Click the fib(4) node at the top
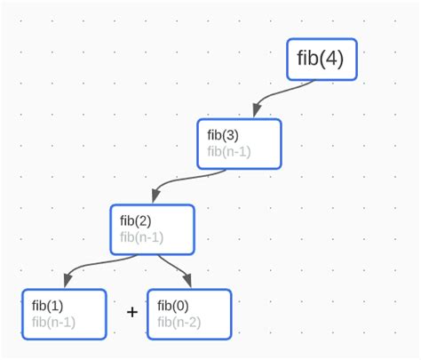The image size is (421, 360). tap(322, 60)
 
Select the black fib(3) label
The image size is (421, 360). tap(223, 135)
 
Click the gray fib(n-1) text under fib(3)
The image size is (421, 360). tap(229, 151)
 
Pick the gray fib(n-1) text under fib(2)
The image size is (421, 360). tap(142, 237)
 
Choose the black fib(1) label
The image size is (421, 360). tap(47, 306)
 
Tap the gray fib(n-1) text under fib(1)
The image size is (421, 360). tap(53, 322)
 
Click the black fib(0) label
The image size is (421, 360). tap(173, 306)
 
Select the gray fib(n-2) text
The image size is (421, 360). tap(179, 322)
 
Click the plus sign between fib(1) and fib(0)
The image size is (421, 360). tap(132, 312)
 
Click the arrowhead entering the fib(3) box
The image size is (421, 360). tap(256, 111)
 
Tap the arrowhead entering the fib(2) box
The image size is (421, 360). tap(155, 196)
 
